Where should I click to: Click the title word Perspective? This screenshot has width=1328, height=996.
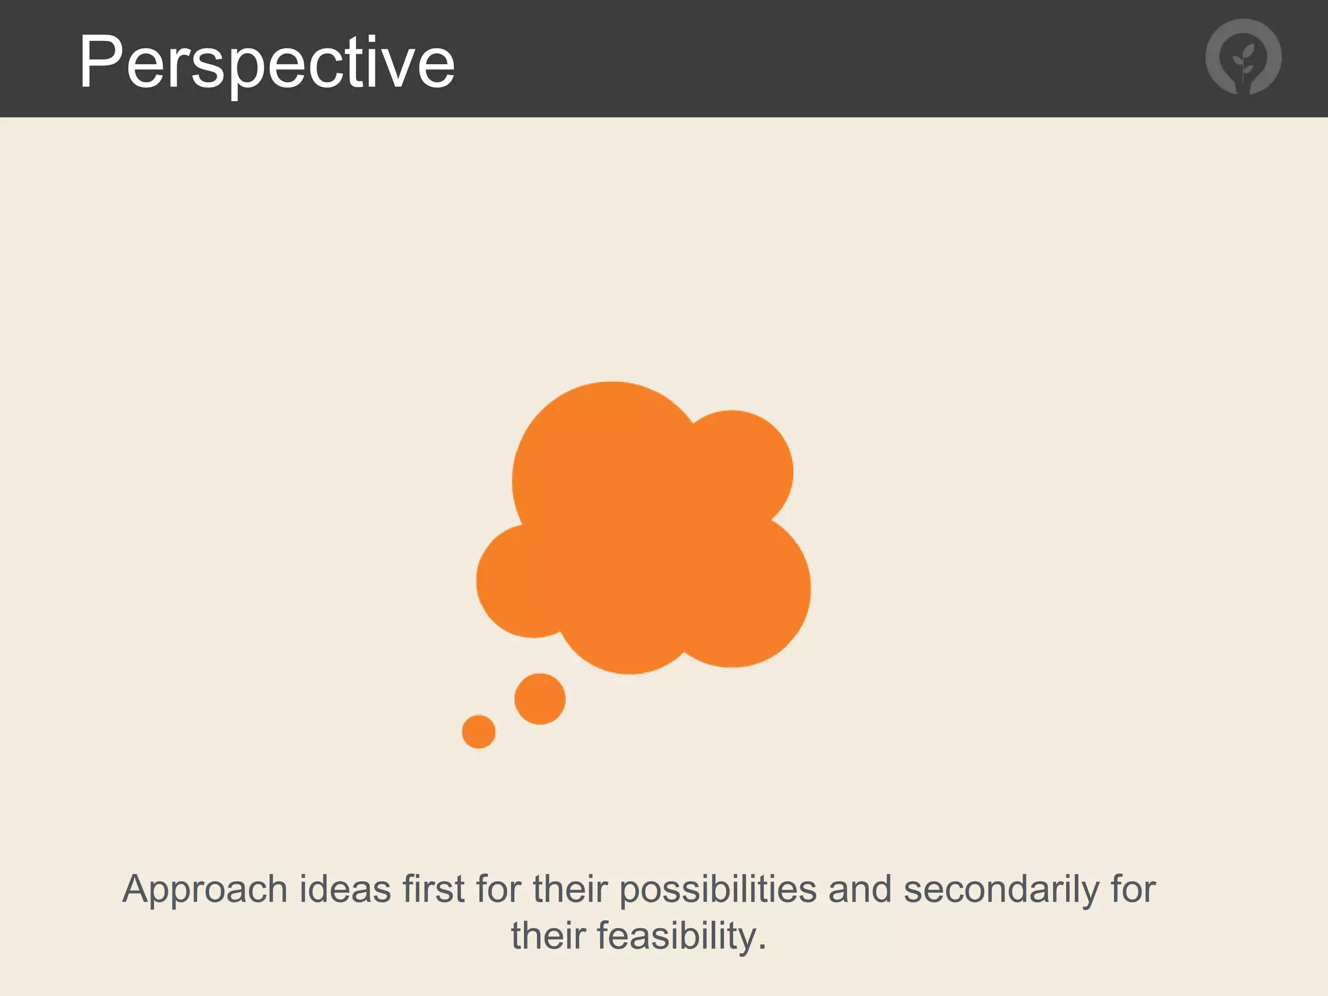(267, 62)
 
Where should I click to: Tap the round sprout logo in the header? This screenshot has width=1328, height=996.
(1243, 57)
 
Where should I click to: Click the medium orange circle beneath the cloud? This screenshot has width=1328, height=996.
(539, 699)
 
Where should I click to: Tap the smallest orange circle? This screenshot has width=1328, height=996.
(479, 731)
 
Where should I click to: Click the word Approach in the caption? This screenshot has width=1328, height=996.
(204, 890)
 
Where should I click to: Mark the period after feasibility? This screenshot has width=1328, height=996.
(762, 947)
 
